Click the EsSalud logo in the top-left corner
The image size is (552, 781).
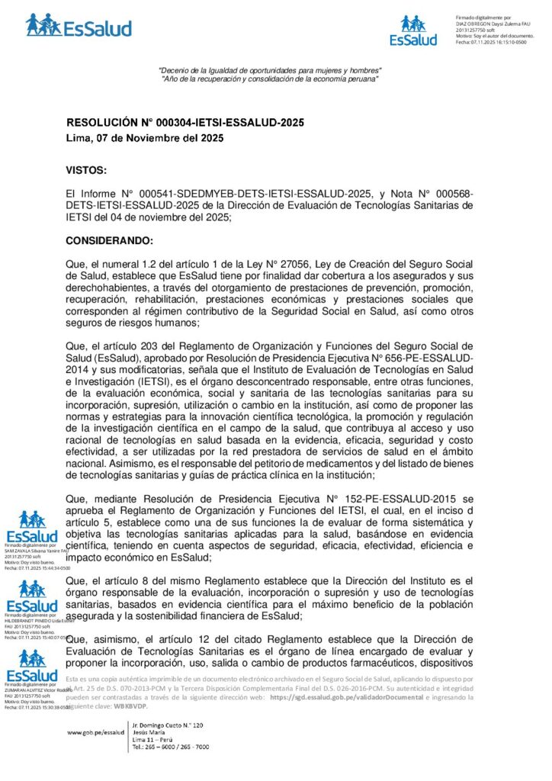click(79, 26)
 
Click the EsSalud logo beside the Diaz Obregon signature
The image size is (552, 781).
click(413, 31)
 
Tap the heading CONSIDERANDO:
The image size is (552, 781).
click(110, 240)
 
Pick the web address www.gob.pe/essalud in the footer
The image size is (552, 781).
click(95, 731)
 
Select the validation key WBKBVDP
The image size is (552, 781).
click(131, 706)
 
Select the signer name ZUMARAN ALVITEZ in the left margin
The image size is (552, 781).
click(30, 689)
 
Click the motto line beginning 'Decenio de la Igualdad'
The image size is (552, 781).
click(268, 71)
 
